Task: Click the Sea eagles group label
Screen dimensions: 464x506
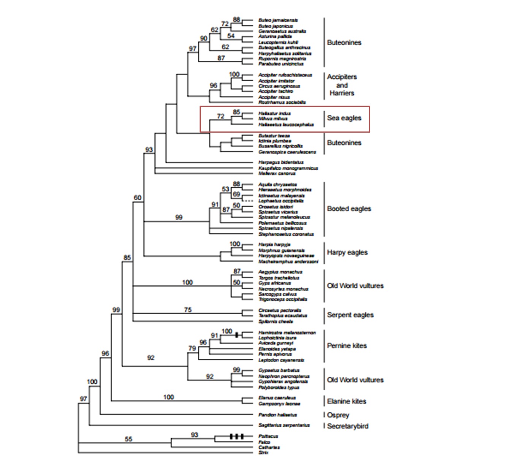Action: [344, 118]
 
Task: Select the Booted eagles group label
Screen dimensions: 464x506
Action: [349, 209]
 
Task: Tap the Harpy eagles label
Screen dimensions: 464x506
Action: [347, 252]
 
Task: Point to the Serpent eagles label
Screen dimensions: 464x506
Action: [350, 315]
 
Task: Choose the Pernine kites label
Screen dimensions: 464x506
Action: [347, 345]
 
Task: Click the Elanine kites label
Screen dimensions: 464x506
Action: [346, 401]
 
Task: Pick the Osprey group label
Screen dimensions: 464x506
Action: [338, 415]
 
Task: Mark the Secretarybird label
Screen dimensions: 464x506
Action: [347, 426]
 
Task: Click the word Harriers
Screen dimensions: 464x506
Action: [342, 93]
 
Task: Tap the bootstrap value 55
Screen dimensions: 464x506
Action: [128, 439]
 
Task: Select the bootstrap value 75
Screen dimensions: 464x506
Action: [188, 310]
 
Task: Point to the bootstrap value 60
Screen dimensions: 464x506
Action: [137, 198]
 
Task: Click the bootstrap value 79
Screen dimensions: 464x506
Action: [192, 348]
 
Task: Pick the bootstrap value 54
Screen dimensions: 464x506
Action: [231, 36]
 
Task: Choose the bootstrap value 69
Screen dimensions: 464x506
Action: [236, 195]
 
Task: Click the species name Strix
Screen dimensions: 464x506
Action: [263, 453]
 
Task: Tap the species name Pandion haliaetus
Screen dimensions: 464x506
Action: [277, 415]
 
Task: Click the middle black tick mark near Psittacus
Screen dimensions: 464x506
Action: [236, 436]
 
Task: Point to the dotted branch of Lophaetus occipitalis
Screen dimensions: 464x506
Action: [249, 200]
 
